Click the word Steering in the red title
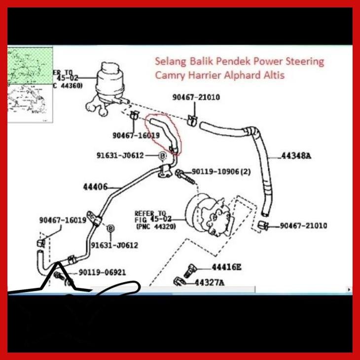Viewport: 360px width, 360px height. click(x=305, y=62)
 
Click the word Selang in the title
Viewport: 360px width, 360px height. click(x=170, y=62)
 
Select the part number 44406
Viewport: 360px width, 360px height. click(x=95, y=187)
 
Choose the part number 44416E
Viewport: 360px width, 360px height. click(x=226, y=267)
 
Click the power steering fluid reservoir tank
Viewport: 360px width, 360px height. click(x=111, y=79)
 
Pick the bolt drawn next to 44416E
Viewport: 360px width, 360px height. click(x=190, y=270)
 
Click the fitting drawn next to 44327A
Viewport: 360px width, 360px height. click(x=179, y=282)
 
